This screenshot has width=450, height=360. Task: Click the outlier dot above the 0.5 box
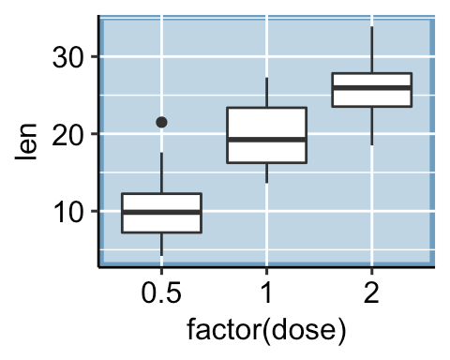(x=161, y=122)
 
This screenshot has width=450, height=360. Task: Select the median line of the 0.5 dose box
(x=161, y=212)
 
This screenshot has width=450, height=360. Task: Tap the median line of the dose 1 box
(x=267, y=139)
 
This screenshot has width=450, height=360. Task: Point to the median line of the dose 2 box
(x=372, y=87)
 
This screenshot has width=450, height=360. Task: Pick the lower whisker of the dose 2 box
(x=372, y=126)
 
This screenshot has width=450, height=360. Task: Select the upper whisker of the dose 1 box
(x=267, y=93)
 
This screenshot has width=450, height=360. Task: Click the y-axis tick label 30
(x=68, y=57)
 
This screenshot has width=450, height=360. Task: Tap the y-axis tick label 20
(x=68, y=134)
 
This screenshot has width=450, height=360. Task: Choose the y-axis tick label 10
(x=68, y=212)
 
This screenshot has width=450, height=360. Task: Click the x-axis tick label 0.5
(x=161, y=293)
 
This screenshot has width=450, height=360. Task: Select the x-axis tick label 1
(x=267, y=293)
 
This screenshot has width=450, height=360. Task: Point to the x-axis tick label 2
(x=372, y=293)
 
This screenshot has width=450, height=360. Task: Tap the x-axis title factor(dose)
(x=267, y=331)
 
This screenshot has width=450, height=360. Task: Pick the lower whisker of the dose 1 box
(x=267, y=172)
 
